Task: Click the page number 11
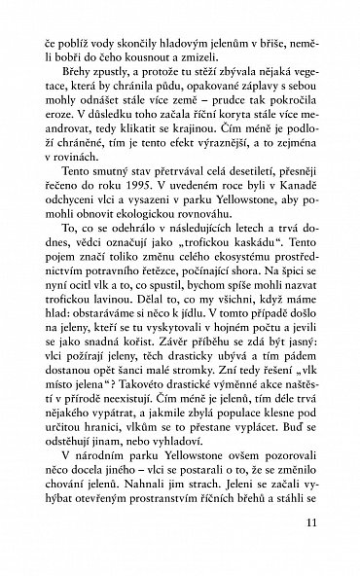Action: click(310, 551)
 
